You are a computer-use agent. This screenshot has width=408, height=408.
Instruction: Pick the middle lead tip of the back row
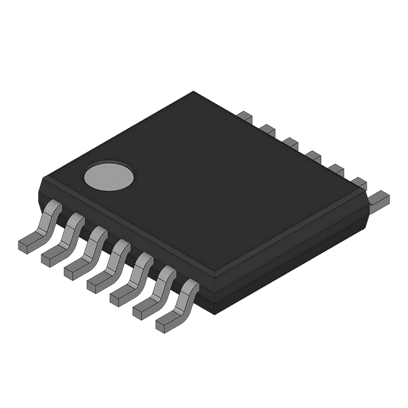click(312, 156)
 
